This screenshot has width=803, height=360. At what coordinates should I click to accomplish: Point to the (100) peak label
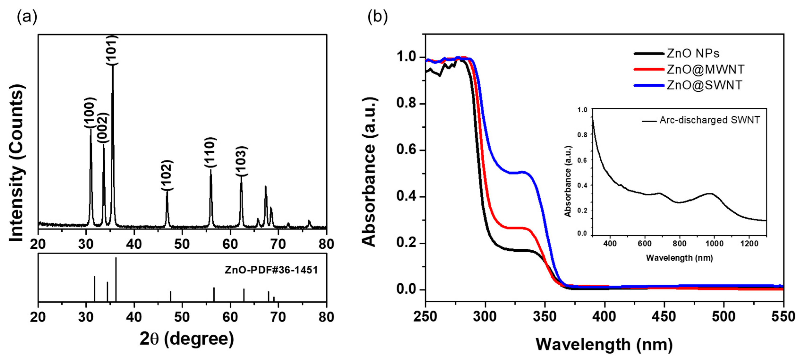(x=90, y=113)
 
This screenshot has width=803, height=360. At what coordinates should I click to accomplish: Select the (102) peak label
(x=167, y=175)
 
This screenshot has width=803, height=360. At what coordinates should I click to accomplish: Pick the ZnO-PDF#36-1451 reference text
(x=271, y=270)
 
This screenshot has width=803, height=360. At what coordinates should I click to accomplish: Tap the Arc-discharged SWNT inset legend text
(x=709, y=120)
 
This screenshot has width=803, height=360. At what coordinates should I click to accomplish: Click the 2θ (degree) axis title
(x=186, y=339)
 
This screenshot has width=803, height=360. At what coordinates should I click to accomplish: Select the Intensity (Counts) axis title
(x=16, y=163)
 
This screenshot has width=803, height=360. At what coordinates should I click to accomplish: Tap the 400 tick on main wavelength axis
(x=605, y=317)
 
